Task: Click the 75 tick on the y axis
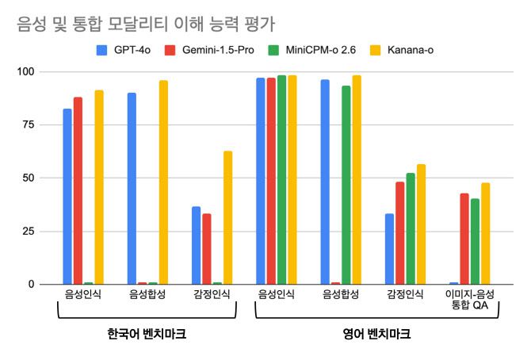pos(28,125)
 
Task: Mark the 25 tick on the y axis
pos(28,232)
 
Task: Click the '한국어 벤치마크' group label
pos(147,334)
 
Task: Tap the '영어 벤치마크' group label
pos(377,334)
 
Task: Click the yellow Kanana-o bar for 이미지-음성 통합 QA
pos(486,233)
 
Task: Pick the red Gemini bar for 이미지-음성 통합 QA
pos(464,239)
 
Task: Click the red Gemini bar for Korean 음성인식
pos(78,190)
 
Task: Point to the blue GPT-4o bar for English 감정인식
pos(389,249)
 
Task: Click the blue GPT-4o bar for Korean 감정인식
pos(196,245)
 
